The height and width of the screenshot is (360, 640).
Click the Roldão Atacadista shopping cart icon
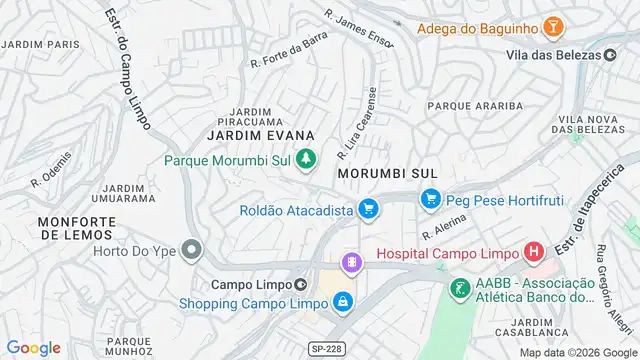coord(368,209)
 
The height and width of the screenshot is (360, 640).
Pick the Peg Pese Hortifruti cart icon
coord(430,200)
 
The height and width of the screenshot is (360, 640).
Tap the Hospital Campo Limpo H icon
coord(534,253)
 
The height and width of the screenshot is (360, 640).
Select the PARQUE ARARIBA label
coord(475,105)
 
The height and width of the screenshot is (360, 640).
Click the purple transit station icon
coord(351,263)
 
